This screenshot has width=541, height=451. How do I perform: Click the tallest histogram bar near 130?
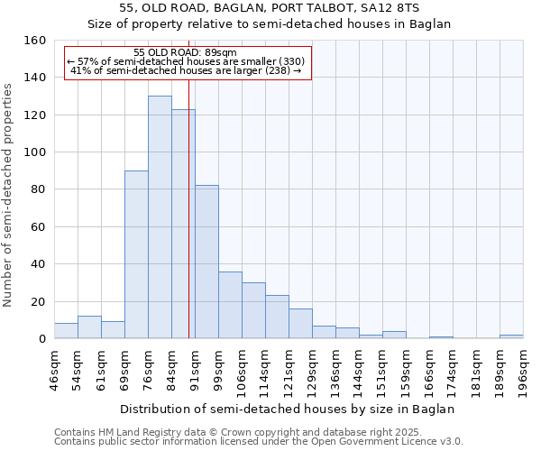(160, 217)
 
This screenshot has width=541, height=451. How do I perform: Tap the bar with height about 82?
(206, 262)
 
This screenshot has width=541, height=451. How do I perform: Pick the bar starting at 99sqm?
(230, 305)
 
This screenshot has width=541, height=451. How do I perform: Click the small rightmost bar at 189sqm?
(511, 336)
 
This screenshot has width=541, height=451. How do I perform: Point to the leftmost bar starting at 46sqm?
(66, 331)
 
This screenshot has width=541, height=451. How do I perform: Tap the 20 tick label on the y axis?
(37, 302)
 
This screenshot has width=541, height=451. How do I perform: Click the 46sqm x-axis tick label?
(55, 370)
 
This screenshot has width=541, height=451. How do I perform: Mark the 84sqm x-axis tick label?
(172, 370)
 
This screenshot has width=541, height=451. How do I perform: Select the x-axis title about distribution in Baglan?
(288, 409)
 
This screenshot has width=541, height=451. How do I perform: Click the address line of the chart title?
(270, 8)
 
